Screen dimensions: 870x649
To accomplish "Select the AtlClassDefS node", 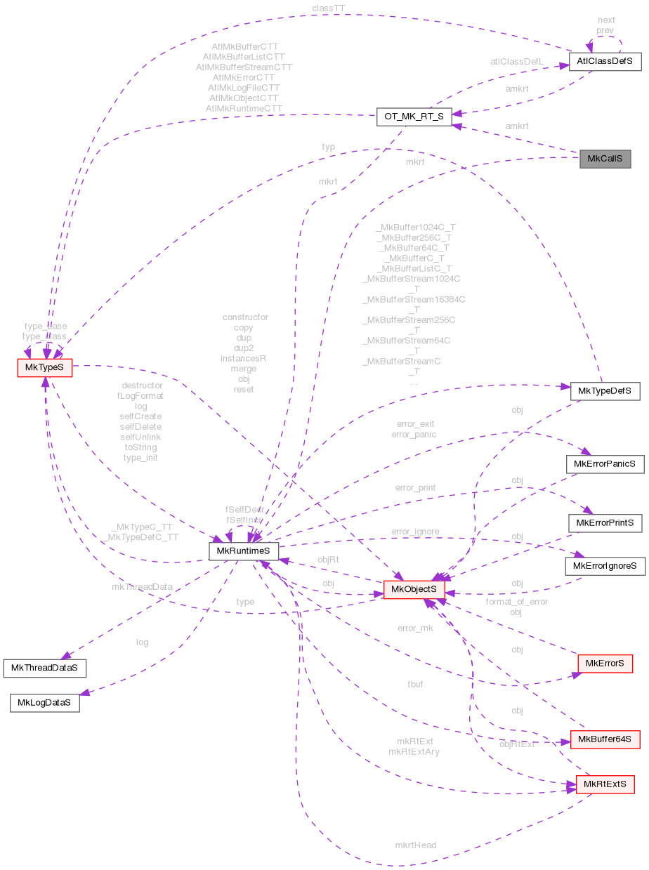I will coord(605,61).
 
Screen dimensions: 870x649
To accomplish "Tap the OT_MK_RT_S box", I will coord(414,117).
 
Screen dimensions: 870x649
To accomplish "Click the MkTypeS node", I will coord(44,367).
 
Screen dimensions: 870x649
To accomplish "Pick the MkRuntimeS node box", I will coord(244,551).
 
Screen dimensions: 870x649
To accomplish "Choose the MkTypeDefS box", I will coord(604,390).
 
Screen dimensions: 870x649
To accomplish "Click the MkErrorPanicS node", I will coord(604,464).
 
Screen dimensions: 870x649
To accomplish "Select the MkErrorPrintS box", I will coord(605,523).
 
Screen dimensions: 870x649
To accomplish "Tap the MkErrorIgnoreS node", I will coord(604,565).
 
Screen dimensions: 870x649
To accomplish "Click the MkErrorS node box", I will coord(604,663).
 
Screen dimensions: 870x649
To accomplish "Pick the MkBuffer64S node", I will coord(605,739).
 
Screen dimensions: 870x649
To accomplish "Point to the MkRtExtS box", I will coord(605,784).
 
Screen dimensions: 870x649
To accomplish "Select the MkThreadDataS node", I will coord(45,667).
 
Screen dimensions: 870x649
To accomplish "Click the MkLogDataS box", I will coord(44,702).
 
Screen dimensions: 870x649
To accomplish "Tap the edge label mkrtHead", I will coord(415,845).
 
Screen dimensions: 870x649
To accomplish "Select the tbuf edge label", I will coord(415,683).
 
